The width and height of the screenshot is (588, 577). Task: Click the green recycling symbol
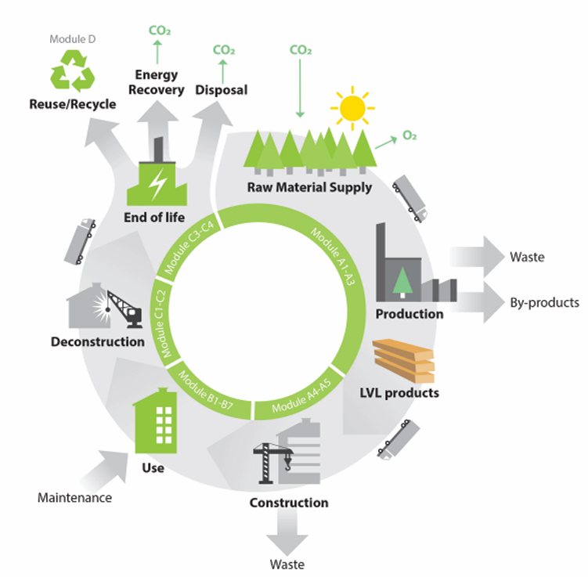click(72, 72)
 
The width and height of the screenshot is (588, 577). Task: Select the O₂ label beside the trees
click(409, 135)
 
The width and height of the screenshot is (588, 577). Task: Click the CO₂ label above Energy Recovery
click(160, 32)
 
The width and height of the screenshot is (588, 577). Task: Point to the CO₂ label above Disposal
click(224, 50)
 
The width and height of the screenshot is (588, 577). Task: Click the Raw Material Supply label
click(309, 187)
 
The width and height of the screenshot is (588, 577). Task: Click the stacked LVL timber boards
click(403, 359)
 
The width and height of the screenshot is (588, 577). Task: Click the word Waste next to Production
click(526, 256)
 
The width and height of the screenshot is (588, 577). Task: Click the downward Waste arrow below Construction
click(287, 537)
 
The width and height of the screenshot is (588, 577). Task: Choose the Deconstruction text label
click(97, 341)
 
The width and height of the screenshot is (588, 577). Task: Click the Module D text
click(72, 38)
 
